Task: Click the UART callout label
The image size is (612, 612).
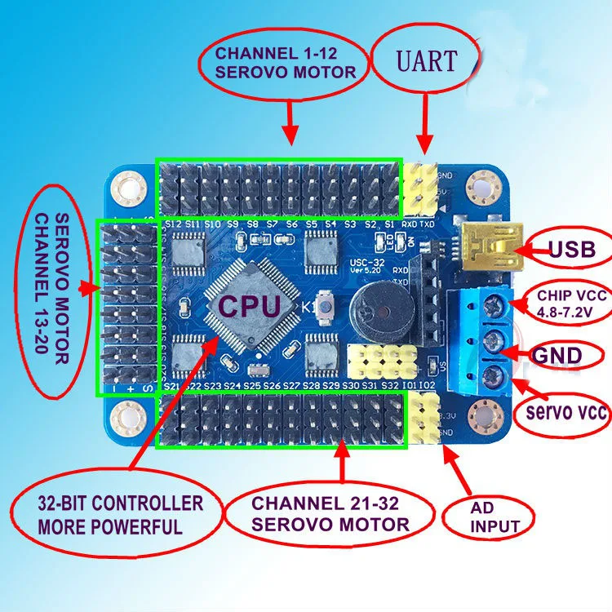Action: [x=427, y=60]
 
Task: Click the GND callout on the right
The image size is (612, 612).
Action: [x=557, y=356]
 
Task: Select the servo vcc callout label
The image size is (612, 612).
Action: [x=565, y=414]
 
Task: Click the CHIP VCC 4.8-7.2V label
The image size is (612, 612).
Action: [x=566, y=303]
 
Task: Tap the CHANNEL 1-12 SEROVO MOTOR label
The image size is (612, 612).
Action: [x=285, y=64]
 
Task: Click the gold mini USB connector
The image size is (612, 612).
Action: [x=488, y=242]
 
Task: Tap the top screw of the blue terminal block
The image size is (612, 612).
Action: [x=494, y=307]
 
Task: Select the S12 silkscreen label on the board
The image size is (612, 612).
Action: [x=172, y=224]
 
